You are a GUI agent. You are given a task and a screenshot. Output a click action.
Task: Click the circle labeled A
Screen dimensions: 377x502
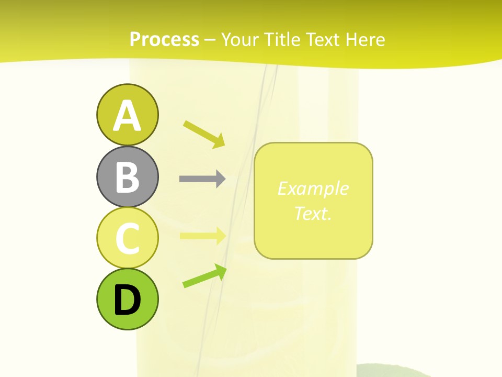(x=127, y=115)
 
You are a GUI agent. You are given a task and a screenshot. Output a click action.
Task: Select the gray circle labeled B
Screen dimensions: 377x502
(x=127, y=176)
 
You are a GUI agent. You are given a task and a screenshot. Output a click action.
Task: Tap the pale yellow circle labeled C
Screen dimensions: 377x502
(x=127, y=238)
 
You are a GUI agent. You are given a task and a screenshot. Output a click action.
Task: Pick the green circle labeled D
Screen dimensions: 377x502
(x=127, y=299)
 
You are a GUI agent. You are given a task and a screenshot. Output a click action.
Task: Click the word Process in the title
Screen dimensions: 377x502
(x=164, y=39)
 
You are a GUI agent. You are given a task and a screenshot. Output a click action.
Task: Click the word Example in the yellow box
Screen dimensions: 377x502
(x=313, y=188)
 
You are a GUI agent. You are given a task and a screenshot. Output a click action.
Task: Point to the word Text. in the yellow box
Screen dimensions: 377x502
(x=313, y=214)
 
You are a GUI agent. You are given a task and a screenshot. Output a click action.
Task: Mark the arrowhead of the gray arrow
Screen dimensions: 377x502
(x=220, y=179)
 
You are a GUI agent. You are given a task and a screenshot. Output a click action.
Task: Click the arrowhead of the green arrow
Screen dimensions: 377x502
(x=221, y=270)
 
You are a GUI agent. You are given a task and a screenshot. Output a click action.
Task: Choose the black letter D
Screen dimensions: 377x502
(x=127, y=300)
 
